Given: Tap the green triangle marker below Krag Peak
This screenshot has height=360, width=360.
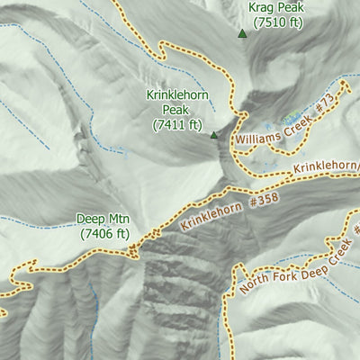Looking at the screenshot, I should (x=242, y=34).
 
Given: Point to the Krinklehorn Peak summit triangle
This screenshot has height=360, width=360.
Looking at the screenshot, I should (x=214, y=136).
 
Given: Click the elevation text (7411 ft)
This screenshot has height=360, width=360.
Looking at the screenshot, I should (x=178, y=124).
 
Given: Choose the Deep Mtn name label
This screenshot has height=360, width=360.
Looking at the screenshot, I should (x=103, y=219).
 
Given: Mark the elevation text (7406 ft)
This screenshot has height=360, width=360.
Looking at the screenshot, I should (x=104, y=233).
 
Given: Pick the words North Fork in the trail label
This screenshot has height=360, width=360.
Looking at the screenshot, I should (x=262, y=280).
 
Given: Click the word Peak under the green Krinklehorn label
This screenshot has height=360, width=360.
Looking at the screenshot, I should (x=178, y=110).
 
